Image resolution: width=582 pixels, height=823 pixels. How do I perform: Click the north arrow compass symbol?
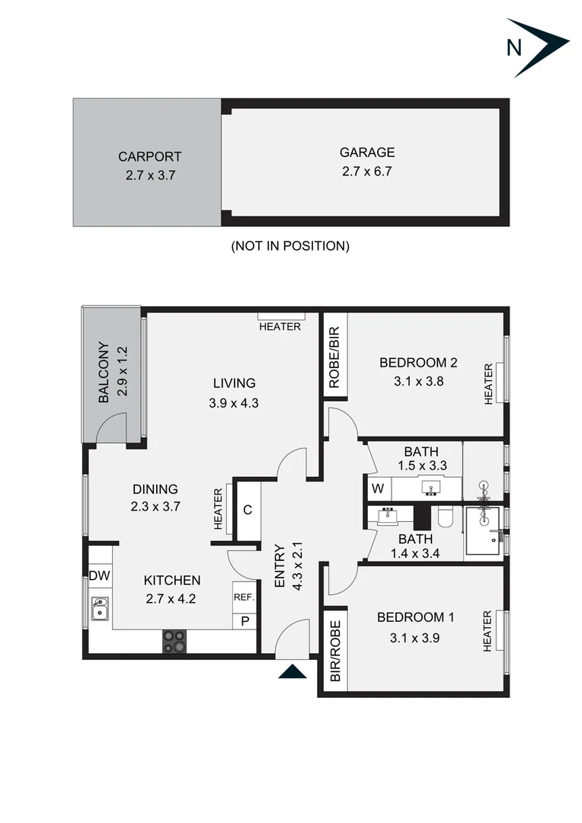pyautogui.click(x=536, y=47)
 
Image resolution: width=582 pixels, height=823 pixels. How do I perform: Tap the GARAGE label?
pyautogui.click(x=366, y=152)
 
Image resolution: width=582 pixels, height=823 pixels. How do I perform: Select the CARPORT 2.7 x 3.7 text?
pyautogui.click(x=149, y=165)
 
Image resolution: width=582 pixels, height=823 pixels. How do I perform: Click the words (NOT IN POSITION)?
pyautogui.click(x=289, y=246)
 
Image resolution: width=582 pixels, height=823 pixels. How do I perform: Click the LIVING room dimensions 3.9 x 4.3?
pyautogui.click(x=234, y=404)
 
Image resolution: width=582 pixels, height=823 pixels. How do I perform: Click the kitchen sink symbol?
pyautogui.click(x=100, y=609)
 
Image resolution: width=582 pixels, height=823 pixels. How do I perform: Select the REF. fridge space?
pyautogui.click(x=243, y=597)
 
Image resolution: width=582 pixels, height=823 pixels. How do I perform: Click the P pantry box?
pyautogui.click(x=245, y=621)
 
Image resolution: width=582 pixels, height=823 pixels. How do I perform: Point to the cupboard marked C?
pyautogui.click(x=247, y=510)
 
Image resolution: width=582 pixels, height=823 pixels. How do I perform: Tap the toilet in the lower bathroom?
pyautogui.click(x=446, y=518)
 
